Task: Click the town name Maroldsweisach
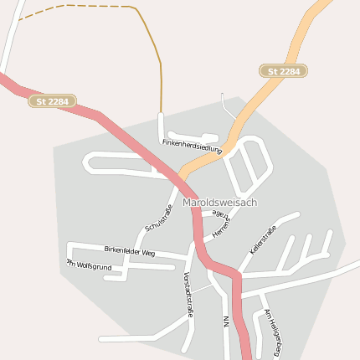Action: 219,203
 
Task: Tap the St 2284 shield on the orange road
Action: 283,72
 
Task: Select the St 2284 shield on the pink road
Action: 52,101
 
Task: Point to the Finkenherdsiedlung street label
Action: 192,147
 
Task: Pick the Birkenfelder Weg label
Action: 130,252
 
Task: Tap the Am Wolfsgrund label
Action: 90,265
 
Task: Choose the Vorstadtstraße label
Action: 188,294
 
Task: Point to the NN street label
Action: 226,321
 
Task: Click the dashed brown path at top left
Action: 75,6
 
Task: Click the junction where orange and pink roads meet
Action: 183,180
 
